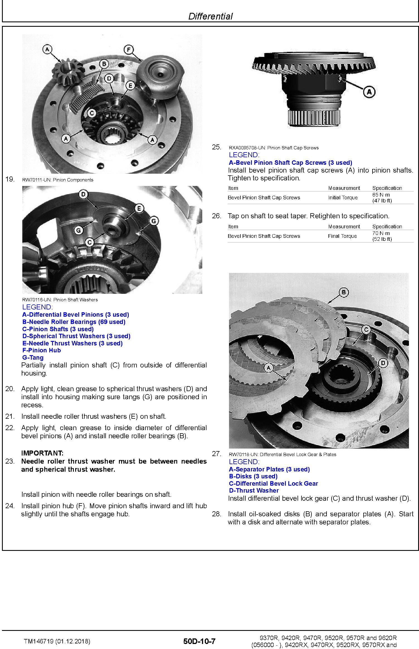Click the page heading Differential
210,16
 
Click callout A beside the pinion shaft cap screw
369,92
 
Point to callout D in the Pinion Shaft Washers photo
84,195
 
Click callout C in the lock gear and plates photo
366,330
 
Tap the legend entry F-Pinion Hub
42,350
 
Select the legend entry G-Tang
33,358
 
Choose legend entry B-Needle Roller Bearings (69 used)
74,322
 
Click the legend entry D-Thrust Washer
254,490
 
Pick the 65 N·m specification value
381,195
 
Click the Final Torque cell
342,236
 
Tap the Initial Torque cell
343,197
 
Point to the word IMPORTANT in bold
42,453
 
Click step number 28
216,514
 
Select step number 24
10,506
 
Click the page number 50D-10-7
199,641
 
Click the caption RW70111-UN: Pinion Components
58,180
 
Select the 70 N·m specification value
381,233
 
